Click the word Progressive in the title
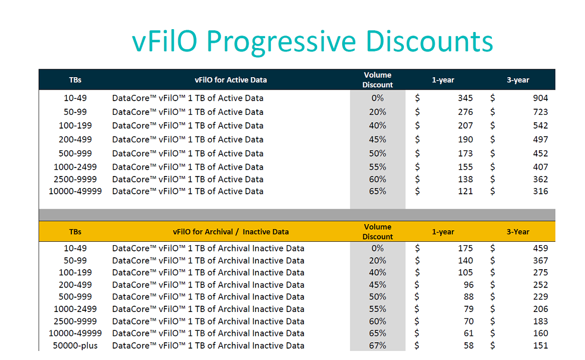[281, 42]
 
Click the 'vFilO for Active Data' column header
[231, 80]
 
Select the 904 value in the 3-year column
[540, 98]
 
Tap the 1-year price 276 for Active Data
[465, 112]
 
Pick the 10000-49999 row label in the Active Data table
[75, 191]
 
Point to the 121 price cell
[465, 191]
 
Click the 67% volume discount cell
[378, 346]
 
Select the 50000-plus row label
[75, 346]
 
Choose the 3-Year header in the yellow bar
[518, 231]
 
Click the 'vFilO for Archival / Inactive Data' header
[231, 231]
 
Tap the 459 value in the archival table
[540, 249]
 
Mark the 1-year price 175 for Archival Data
[465, 249]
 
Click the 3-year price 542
[540, 126]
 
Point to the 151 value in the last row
[540, 346]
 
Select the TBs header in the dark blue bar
[75, 80]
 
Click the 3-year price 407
[540, 167]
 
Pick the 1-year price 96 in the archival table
[468, 285]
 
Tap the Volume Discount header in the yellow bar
[378, 231]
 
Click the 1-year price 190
[465, 139]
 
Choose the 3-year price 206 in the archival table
[540, 309]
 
